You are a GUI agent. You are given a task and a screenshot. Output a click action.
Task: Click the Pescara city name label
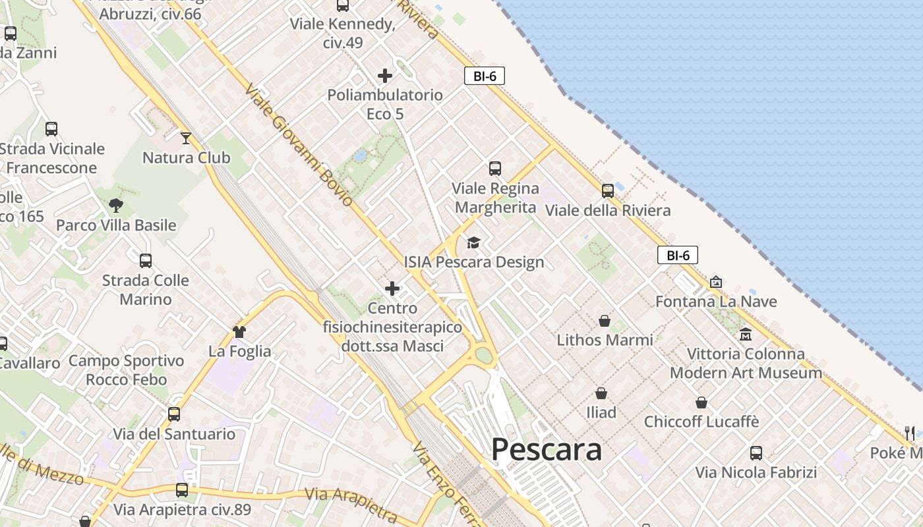(x=546, y=450)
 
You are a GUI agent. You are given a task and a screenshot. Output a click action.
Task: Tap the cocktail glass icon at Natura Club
(x=186, y=138)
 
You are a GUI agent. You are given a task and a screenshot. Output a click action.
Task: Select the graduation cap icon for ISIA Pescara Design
(x=473, y=243)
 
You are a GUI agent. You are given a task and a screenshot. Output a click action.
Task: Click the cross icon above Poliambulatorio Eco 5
(x=385, y=76)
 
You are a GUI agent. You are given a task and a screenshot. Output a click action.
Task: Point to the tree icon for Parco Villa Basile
(x=116, y=205)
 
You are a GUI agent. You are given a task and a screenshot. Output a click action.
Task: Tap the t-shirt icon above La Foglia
(x=239, y=331)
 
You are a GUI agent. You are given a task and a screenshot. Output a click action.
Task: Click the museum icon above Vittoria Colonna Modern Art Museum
(x=746, y=334)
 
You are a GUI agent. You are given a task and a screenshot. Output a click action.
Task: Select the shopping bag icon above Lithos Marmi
(x=605, y=321)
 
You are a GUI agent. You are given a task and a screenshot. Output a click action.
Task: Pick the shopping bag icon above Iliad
(x=601, y=393)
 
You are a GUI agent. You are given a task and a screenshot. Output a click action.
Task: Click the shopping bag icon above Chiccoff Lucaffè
(x=701, y=402)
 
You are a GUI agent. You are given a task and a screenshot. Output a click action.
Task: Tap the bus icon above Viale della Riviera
(x=608, y=191)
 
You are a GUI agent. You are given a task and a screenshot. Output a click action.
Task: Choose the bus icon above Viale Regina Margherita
(x=495, y=169)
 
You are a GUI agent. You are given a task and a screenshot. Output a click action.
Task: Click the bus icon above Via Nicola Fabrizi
(x=756, y=453)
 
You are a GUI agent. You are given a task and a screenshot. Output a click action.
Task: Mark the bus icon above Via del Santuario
(x=174, y=414)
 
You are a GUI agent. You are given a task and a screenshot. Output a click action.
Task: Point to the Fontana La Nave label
(x=716, y=302)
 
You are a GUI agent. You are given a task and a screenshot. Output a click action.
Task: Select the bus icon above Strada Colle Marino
(x=146, y=261)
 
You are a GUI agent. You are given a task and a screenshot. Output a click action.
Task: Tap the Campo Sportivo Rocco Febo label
(x=127, y=370)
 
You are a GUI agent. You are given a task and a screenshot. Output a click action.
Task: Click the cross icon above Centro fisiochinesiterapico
(x=392, y=289)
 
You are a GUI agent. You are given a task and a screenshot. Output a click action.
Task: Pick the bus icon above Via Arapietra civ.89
(x=182, y=490)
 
